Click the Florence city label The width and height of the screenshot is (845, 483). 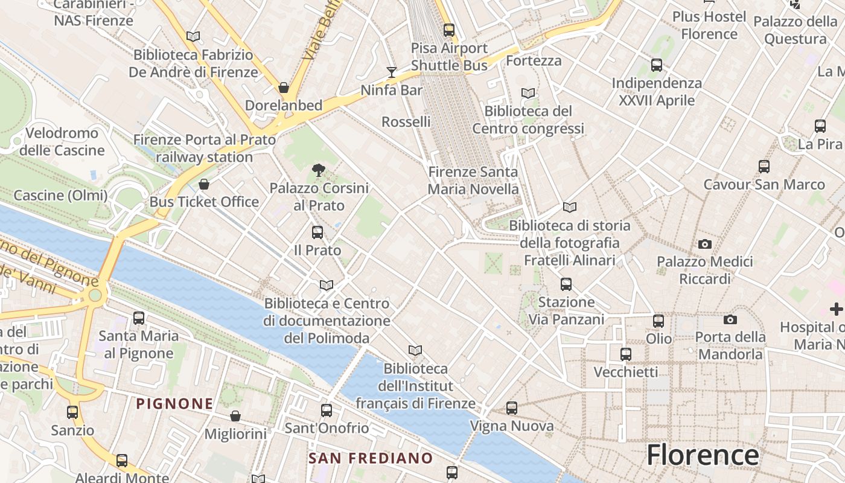pyautogui.click(x=703, y=455)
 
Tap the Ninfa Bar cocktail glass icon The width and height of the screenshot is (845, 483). pyautogui.click(x=392, y=72)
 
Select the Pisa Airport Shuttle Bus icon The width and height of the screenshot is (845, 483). pyautogui.click(x=448, y=30)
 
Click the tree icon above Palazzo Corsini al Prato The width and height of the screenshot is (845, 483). pyautogui.click(x=319, y=170)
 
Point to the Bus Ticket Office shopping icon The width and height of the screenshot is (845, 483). pyautogui.click(x=204, y=184)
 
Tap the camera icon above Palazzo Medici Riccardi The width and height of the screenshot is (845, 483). pyautogui.click(x=704, y=244)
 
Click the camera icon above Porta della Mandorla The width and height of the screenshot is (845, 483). pyautogui.click(x=730, y=319)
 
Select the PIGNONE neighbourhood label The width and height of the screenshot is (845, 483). pyautogui.click(x=174, y=403)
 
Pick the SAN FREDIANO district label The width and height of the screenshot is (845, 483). pyautogui.click(x=371, y=458)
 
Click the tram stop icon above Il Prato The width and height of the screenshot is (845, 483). pyautogui.click(x=317, y=232)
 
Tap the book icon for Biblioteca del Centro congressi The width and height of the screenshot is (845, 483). pyautogui.click(x=528, y=94)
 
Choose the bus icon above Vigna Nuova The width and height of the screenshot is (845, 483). pyautogui.click(x=512, y=408)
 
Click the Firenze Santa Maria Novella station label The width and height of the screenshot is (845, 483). pyautogui.click(x=473, y=181)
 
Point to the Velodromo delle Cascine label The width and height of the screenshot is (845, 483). pyautogui.click(x=62, y=141)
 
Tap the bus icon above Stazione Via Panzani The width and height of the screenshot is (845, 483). pyautogui.click(x=566, y=284)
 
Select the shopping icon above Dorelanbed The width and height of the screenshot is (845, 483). pyautogui.click(x=284, y=88)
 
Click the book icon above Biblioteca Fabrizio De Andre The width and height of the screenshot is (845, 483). pyautogui.click(x=193, y=37)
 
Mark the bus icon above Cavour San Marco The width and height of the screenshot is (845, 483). pyautogui.click(x=764, y=166)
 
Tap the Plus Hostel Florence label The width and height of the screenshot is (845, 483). pyautogui.click(x=709, y=25)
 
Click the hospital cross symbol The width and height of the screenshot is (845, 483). pyautogui.click(x=836, y=309)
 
